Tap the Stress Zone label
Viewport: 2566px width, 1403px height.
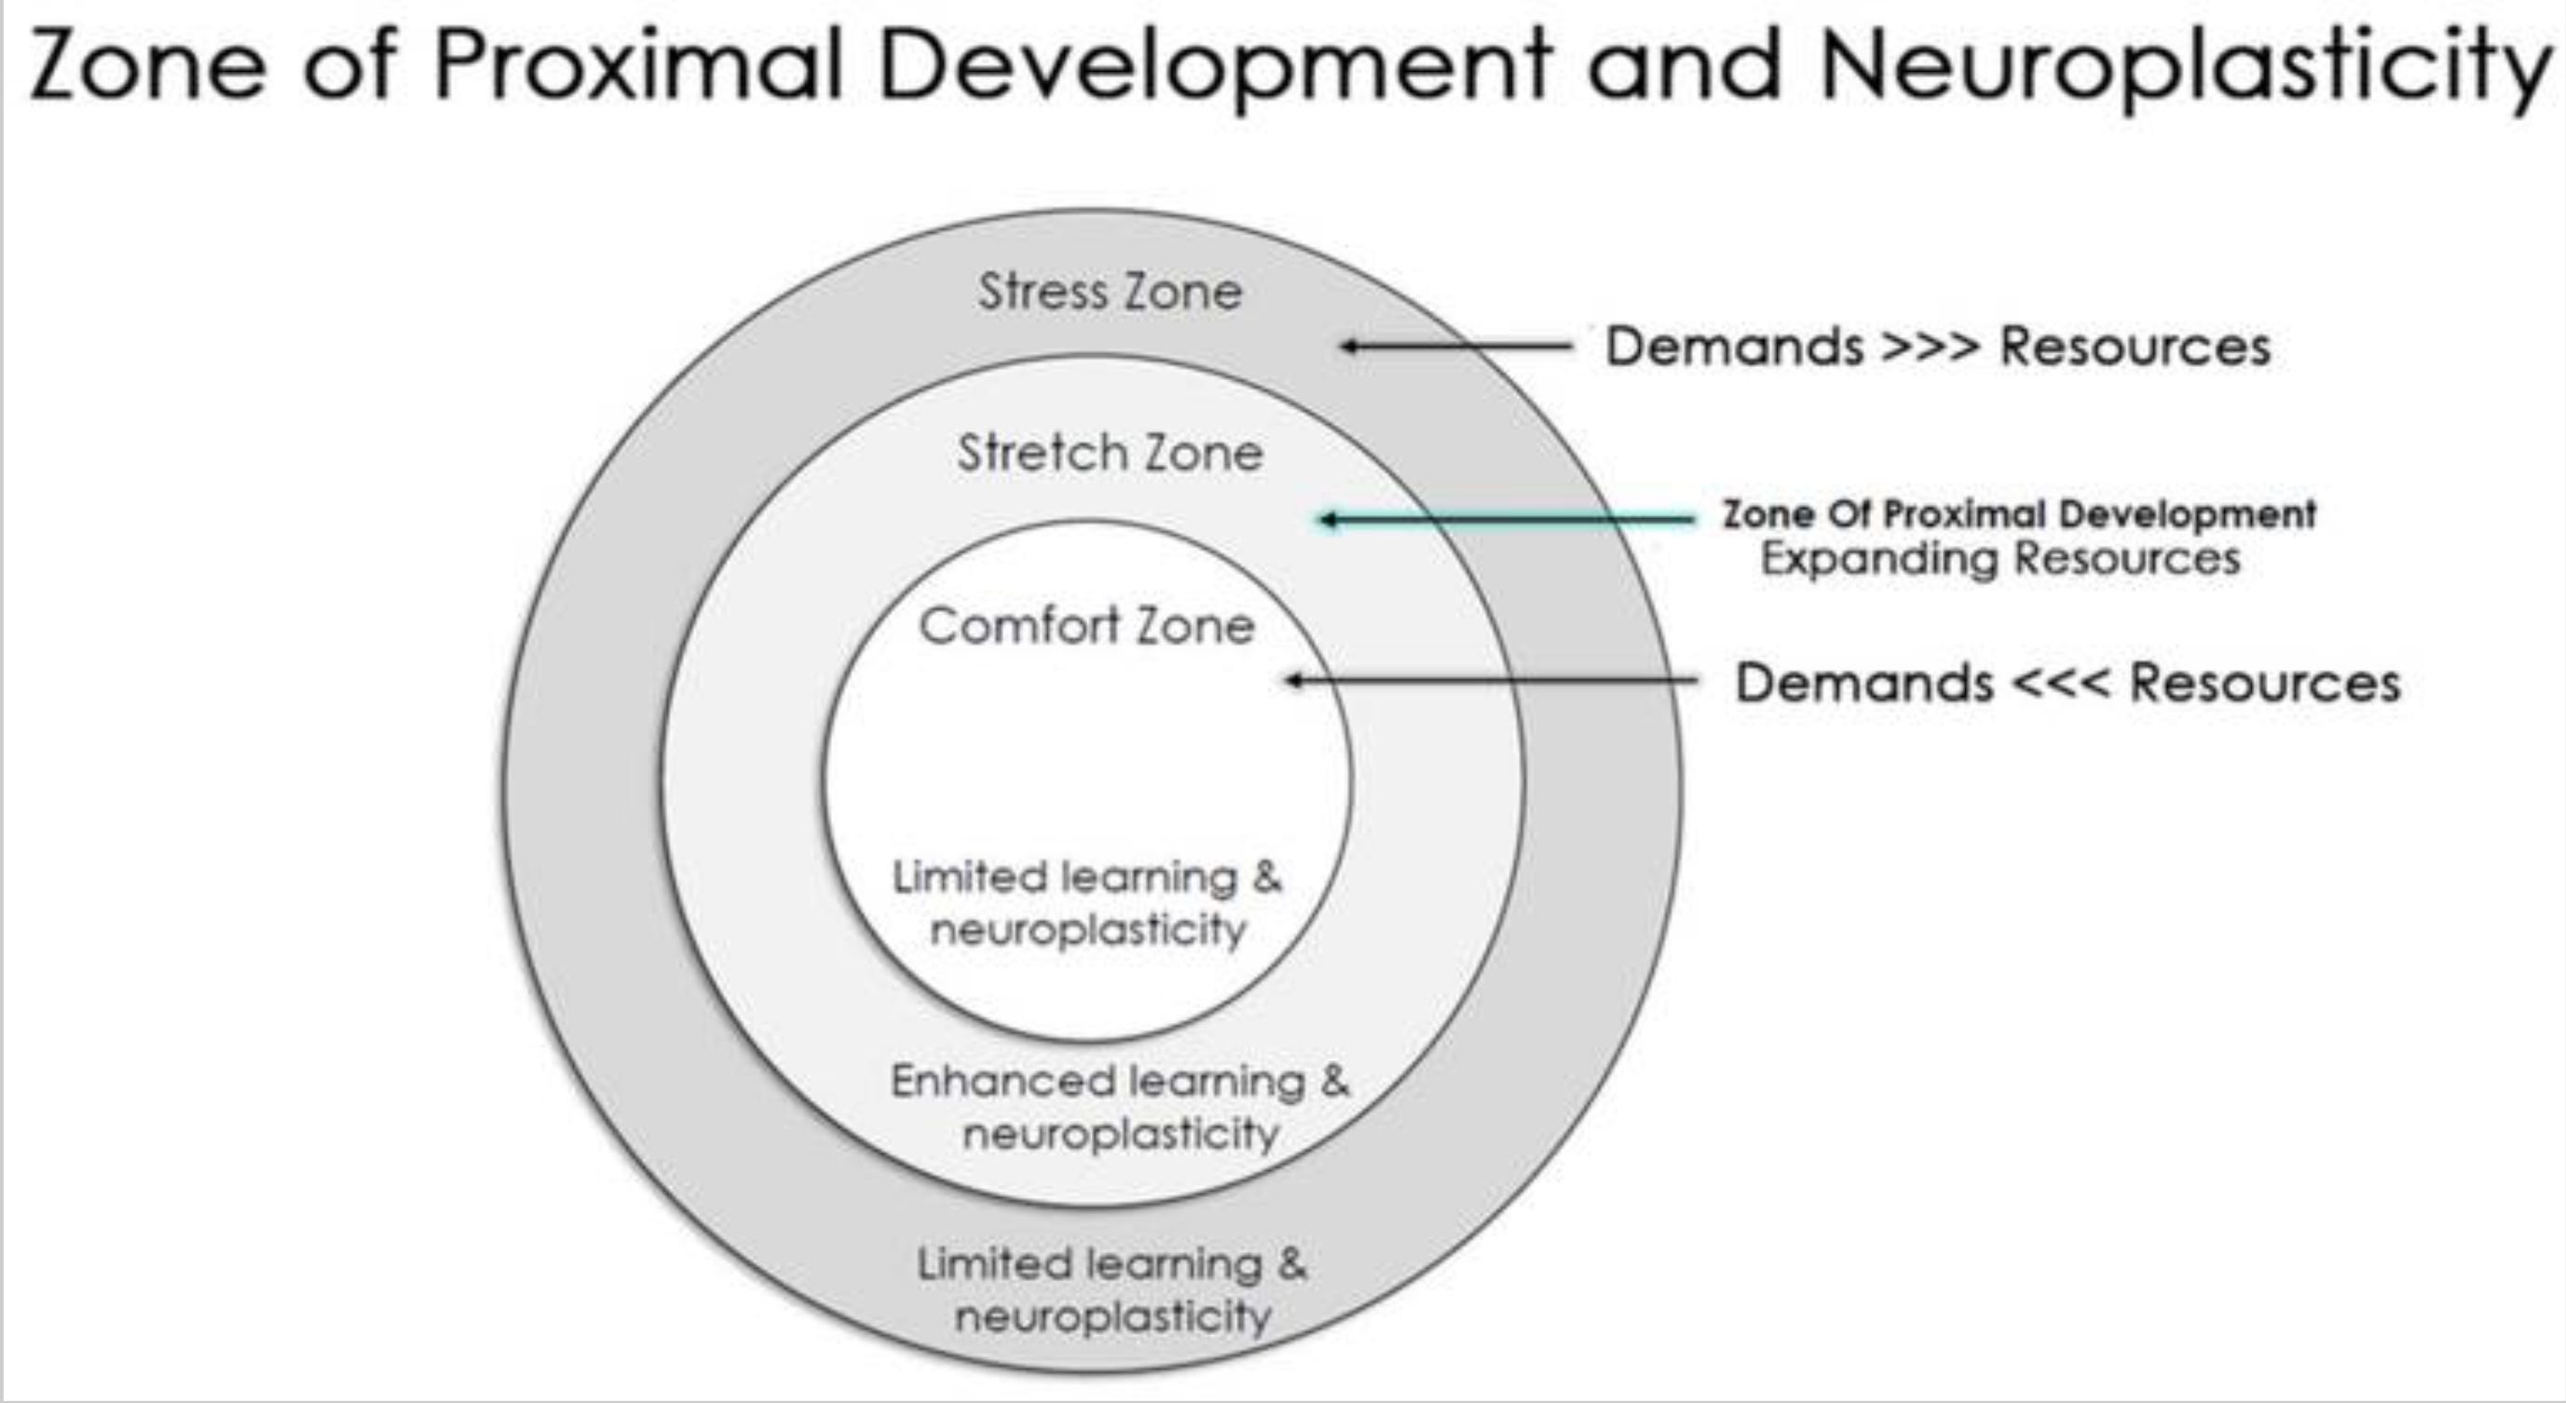tap(1110, 292)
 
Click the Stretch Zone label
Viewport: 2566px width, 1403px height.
tap(1110, 454)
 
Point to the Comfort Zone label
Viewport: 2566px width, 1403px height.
tap(1085, 626)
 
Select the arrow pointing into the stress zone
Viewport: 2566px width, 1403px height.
tap(1455, 347)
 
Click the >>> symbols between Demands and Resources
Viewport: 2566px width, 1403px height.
tap(1931, 347)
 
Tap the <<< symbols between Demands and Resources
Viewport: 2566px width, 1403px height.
tap(2061, 683)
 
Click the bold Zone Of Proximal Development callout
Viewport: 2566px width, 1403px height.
tap(2019, 514)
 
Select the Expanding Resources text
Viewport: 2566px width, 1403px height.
tap(2000, 558)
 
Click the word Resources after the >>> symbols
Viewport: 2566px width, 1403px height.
tap(2136, 347)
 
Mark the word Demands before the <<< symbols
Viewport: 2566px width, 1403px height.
tap(1863, 683)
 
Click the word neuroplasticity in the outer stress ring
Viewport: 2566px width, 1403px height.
tap(1112, 1317)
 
